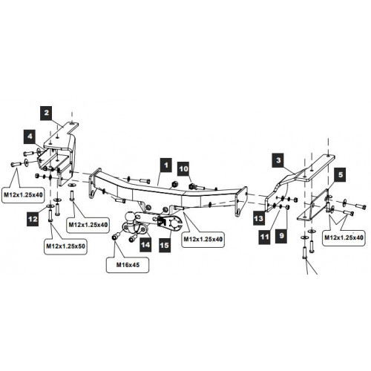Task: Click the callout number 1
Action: click(165, 165)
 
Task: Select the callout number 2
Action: click(47, 113)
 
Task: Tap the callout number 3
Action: click(278, 160)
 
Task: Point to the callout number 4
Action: click(30, 137)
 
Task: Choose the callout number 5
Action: click(341, 175)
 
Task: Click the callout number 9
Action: click(281, 236)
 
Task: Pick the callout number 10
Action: click(183, 169)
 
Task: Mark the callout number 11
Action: click(264, 237)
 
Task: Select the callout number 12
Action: click(33, 219)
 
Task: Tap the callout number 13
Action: click(259, 218)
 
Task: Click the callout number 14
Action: click(145, 245)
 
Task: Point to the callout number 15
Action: click(165, 246)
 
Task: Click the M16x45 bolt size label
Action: click(128, 265)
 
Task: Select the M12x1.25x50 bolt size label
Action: click(65, 246)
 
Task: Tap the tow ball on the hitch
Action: click(130, 216)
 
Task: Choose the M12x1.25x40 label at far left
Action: click(23, 195)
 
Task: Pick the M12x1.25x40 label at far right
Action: click(344, 237)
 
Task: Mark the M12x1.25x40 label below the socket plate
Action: click(203, 240)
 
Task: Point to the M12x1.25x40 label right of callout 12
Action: click(88, 225)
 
